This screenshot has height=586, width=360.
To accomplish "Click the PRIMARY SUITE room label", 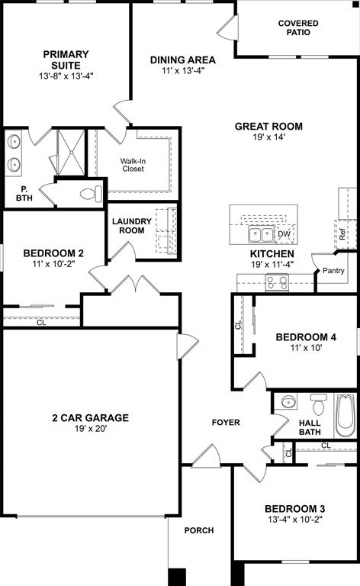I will click(66, 54).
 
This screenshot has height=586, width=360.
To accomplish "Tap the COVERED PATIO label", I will click(298, 28).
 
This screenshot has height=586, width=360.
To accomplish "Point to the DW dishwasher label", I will click(284, 234).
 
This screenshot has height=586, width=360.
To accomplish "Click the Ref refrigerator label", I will click(342, 235).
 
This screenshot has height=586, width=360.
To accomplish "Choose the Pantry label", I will click(333, 271).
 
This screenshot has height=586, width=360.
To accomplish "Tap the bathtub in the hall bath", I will click(346, 415).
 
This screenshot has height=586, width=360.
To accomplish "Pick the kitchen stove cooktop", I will click(276, 282).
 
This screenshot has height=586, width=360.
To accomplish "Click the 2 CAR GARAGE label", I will click(90, 418).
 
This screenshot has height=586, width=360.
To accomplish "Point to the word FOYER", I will click(226, 422).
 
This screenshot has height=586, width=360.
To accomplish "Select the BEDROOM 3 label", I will click(295, 509).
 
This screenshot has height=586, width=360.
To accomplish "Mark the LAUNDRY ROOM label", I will click(132, 226).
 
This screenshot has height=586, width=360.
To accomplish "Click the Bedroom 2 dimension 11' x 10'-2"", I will click(53, 264).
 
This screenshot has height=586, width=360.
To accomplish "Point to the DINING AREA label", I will click(182, 60).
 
